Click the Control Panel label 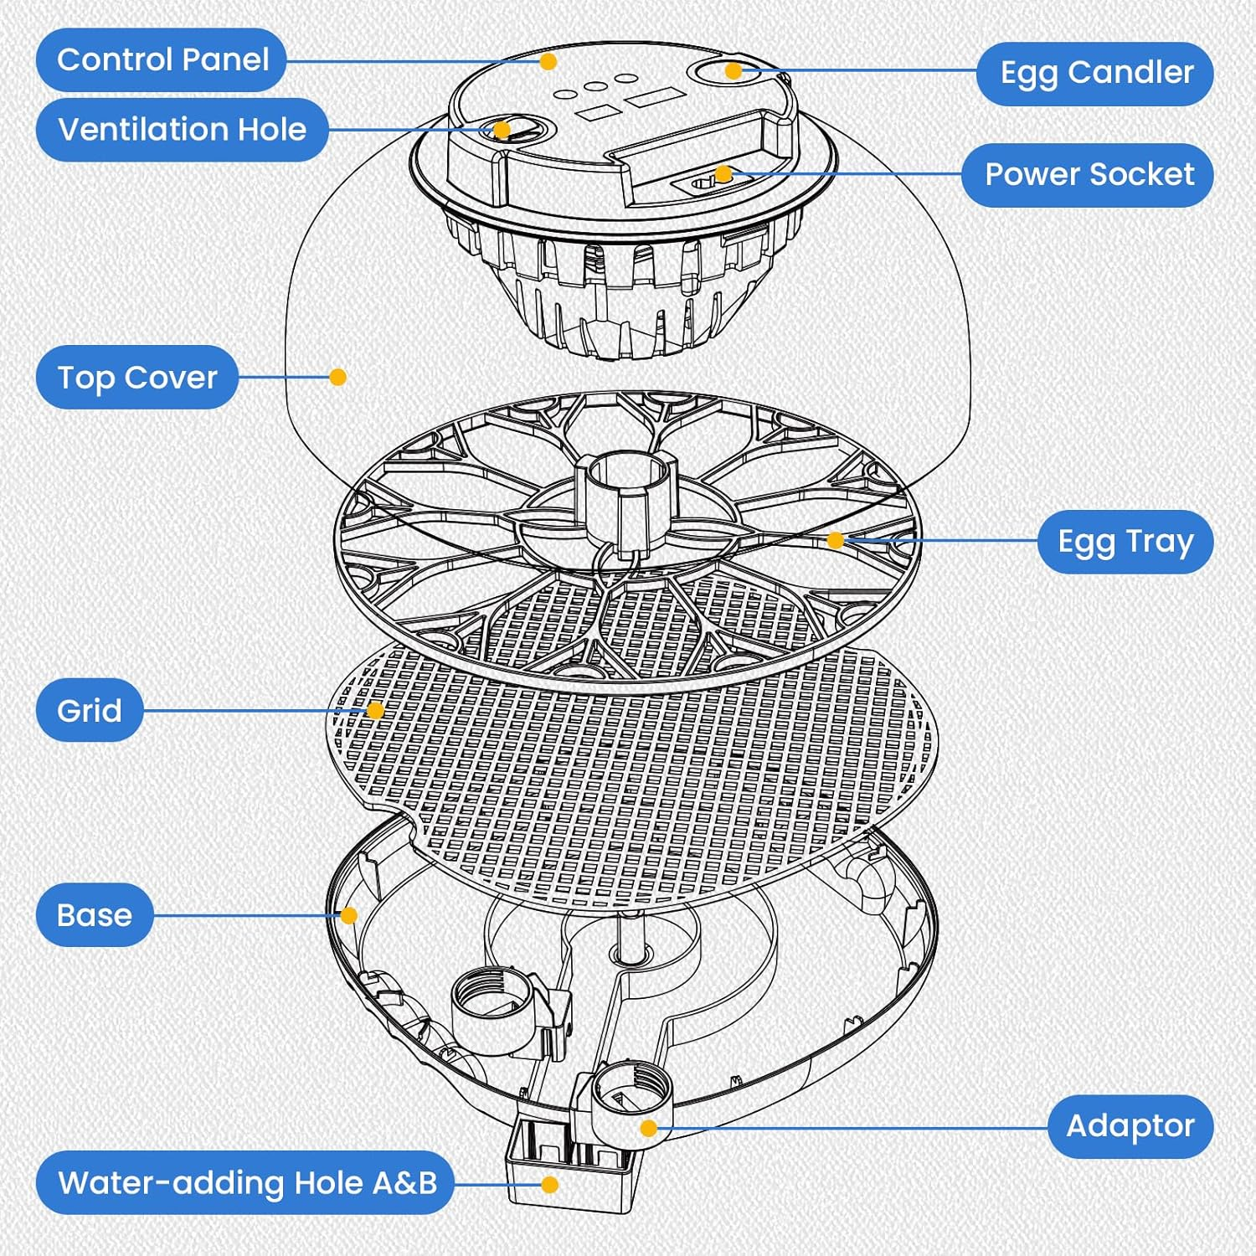point(162,60)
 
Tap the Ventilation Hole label point(182,130)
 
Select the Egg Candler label point(1095,74)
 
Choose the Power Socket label point(1088,175)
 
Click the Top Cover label point(137,378)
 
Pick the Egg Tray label point(1125,542)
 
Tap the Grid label point(90,711)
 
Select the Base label point(95,915)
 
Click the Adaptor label point(1130,1126)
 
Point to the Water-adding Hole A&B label point(246,1183)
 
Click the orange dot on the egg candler point(734,71)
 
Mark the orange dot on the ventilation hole point(502,130)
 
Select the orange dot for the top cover point(338,378)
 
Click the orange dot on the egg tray point(835,541)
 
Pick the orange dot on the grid point(376,711)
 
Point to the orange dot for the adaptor point(648,1129)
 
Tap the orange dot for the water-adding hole point(550,1185)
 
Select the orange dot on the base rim point(349,915)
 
